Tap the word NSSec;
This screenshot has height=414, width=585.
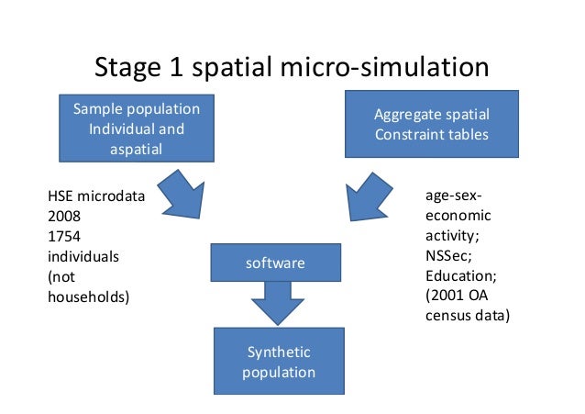click(447, 256)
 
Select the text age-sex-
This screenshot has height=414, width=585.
click(454, 196)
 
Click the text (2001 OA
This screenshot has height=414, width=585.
click(457, 297)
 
